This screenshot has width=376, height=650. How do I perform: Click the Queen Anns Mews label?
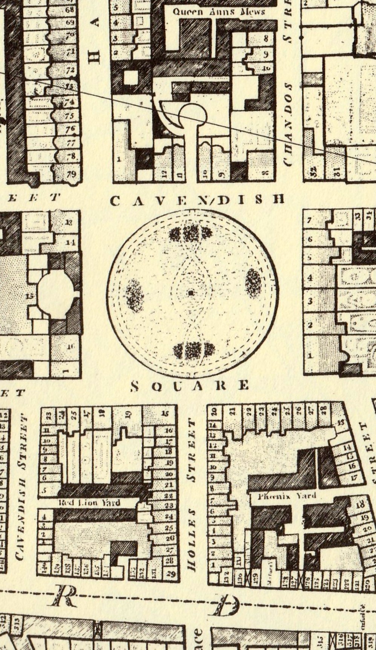coord(219,11)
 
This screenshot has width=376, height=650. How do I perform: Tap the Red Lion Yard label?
coord(89,503)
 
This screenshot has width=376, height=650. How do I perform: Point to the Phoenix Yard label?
coord(287,496)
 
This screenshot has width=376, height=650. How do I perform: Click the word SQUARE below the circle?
coord(190,385)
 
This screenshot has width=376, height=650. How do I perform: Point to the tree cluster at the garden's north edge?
coord(191,234)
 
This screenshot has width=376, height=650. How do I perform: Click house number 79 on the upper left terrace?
coord(70,174)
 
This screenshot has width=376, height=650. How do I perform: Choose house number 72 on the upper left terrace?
coord(70,70)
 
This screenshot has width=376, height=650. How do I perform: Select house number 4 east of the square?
coord(310,278)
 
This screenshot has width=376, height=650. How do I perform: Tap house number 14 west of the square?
coord(70,242)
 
